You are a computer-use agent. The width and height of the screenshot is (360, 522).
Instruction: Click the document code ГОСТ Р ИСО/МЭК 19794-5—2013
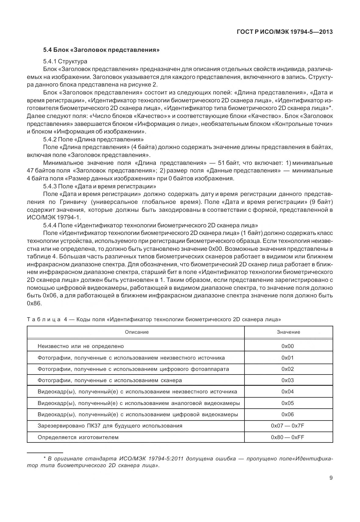[284, 32]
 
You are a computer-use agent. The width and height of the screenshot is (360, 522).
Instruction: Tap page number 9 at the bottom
[331, 478]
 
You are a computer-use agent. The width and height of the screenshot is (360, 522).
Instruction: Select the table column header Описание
[137, 332]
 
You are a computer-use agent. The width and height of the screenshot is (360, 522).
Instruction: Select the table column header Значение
[288, 332]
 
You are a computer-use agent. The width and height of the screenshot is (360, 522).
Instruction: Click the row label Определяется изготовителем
[78, 437]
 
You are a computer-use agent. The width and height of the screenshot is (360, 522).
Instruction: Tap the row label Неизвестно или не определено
[81, 346]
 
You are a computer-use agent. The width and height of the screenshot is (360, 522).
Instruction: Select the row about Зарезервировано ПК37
[110, 426]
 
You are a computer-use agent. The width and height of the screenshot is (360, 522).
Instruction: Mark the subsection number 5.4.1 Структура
[65, 62]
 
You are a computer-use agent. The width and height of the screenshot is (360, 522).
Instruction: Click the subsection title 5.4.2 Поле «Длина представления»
[93, 140]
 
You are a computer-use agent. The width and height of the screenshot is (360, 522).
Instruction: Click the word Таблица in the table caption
[44, 320]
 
